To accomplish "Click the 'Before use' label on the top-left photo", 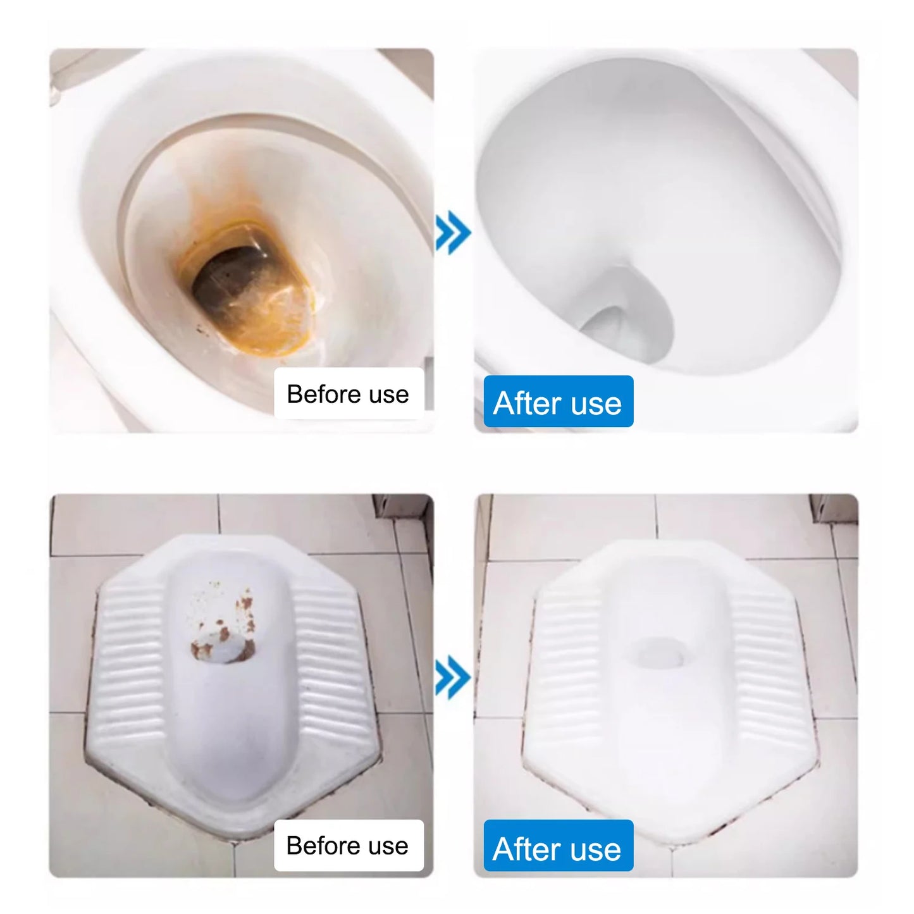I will coord(349,393).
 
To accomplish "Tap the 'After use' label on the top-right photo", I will coord(558,402).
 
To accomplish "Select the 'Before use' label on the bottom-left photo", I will coord(349,845).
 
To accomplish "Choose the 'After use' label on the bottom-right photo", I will coord(558,848).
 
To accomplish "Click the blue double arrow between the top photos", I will coord(453,233).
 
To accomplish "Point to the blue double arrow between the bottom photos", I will coord(453,677).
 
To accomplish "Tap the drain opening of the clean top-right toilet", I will coord(607,329).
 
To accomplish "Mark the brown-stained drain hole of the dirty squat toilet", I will coord(225,648).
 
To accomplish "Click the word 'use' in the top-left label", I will coord(389,394).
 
